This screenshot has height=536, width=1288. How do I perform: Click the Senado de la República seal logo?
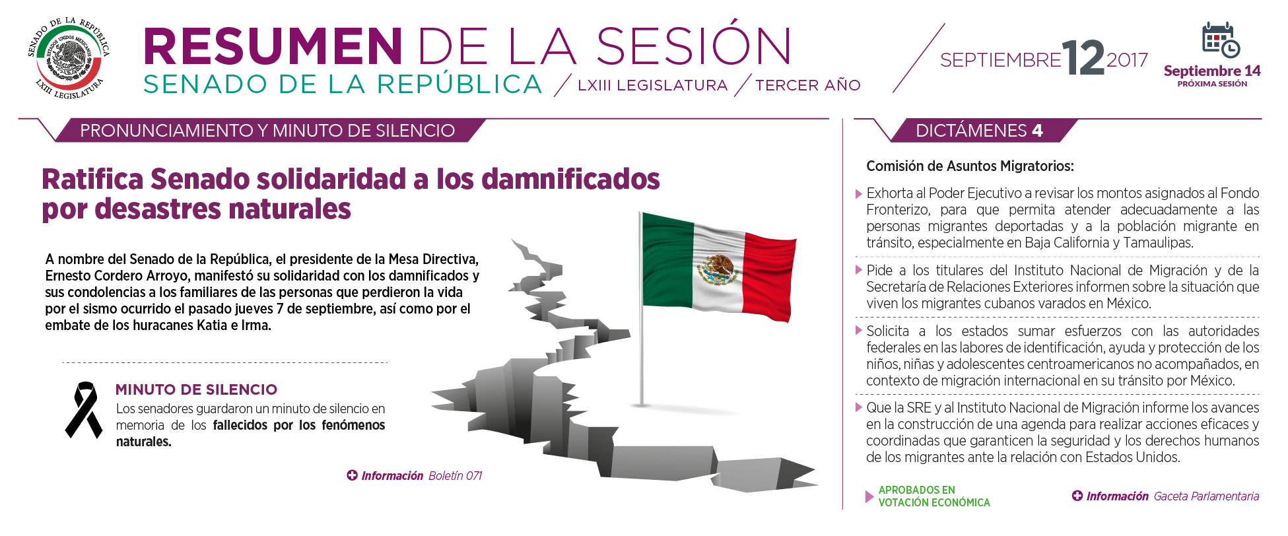69,59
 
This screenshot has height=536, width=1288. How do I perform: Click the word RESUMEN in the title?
273,46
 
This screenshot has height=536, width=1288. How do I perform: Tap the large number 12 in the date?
1083,58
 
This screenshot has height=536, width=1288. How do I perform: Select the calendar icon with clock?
1221,41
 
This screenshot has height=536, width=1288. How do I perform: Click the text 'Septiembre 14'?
1212,71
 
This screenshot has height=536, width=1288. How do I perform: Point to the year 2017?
1128,60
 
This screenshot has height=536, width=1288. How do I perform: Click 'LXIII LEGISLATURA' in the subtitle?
652,85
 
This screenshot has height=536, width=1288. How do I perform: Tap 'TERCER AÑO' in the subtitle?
808,85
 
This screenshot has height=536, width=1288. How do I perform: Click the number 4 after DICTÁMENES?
1037,131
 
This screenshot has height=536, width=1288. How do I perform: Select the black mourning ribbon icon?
84,410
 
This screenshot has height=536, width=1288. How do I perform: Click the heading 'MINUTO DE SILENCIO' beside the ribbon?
196,389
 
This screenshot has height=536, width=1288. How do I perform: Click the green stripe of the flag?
667,260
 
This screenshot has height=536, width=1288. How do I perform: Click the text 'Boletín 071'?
455,476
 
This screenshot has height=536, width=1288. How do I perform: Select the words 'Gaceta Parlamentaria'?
1206,496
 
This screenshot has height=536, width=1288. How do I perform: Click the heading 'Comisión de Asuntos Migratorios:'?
970,166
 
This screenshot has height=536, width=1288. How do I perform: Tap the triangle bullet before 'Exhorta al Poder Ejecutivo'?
859,194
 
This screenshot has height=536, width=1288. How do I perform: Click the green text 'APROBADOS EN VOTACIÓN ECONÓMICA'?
934,496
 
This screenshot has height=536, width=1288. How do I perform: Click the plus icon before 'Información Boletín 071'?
353,475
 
